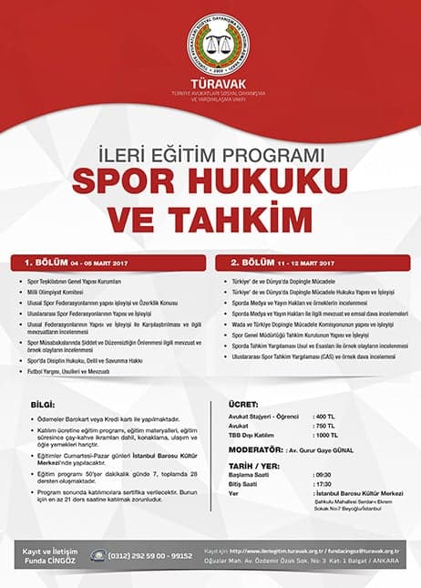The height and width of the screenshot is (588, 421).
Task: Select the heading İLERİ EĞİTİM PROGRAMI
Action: pos(210,151)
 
